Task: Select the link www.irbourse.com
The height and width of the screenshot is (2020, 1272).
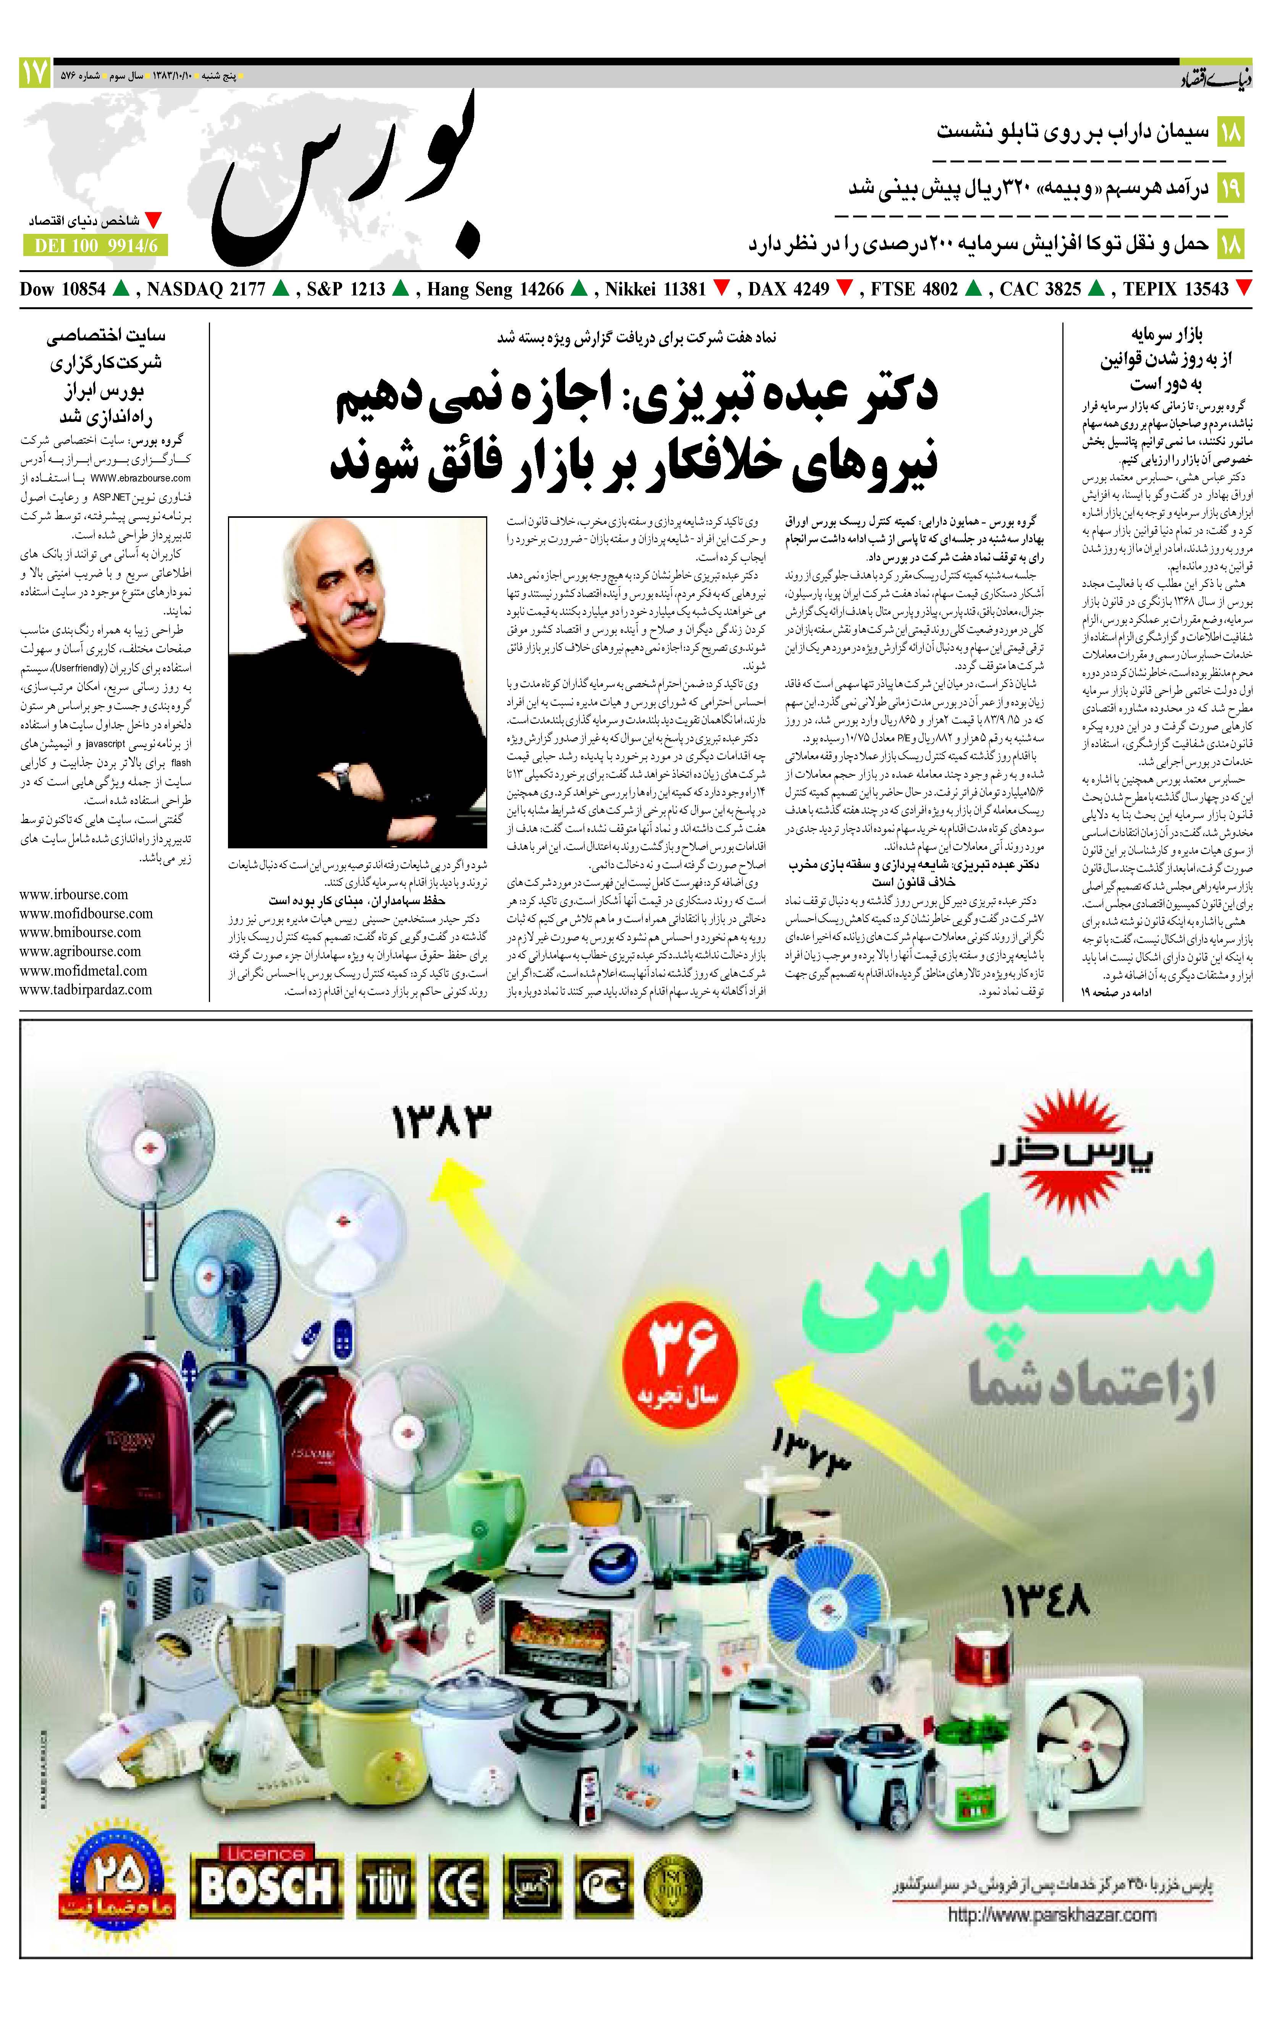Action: (x=74, y=894)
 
